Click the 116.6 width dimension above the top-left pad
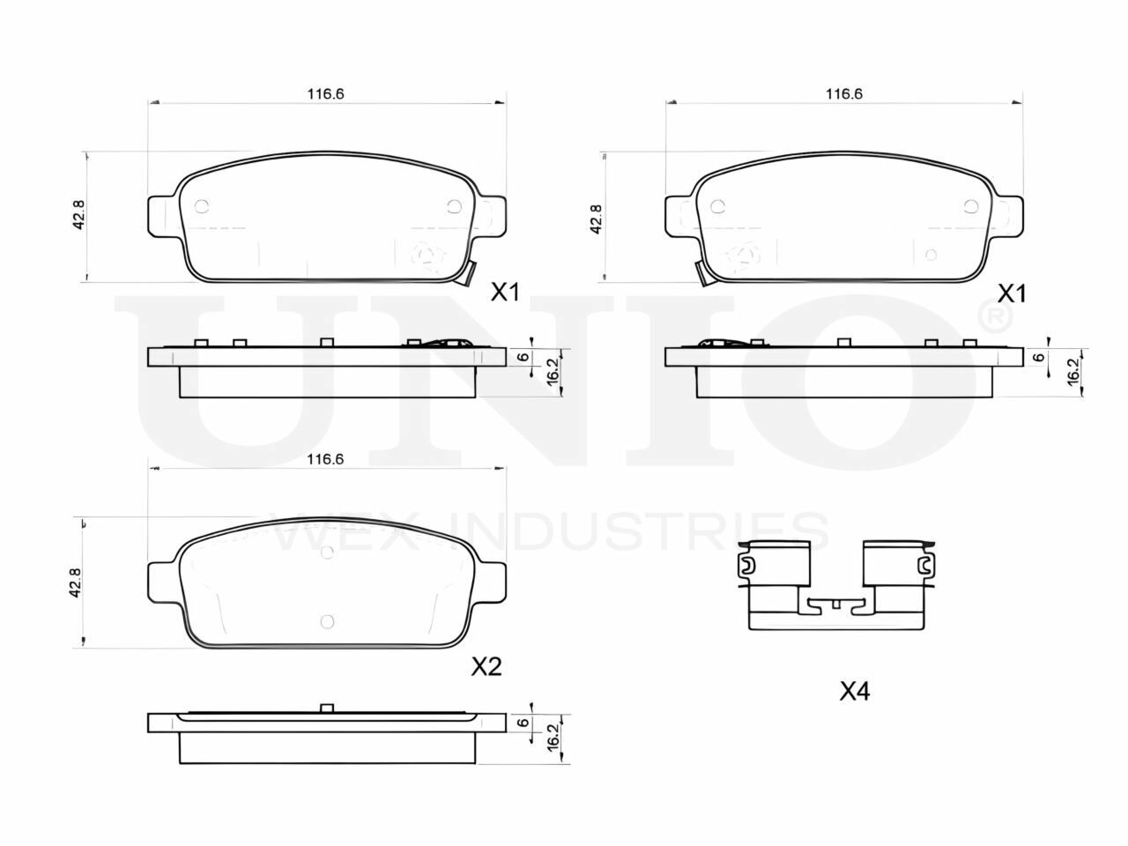(x=325, y=94)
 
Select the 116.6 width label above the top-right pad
(x=844, y=94)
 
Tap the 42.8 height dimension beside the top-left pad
(x=78, y=214)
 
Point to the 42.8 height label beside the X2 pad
(x=75, y=583)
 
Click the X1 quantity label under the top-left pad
(x=505, y=293)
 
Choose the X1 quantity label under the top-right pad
(x=1012, y=294)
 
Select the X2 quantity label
(x=486, y=667)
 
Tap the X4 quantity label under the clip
(x=855, y=692)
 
